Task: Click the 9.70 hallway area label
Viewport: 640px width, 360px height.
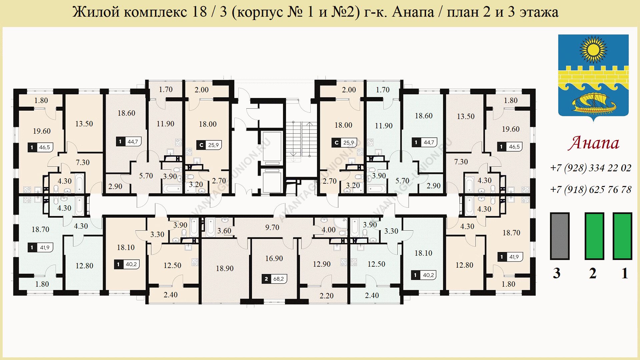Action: click(x=272, y=227)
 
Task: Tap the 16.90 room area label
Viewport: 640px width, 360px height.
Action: click(x=274, y=258)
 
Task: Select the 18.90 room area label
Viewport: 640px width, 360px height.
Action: click(x=225, y=268)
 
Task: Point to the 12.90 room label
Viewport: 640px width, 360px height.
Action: click(x=322, y=264)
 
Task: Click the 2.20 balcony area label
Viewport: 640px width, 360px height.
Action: click(x=326, y=296)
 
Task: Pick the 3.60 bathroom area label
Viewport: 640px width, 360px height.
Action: click(x=224, y=231)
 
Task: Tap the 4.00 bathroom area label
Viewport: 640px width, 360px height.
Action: click(x=329, y=230)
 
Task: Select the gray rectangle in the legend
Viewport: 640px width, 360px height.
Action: click(x=560, y=236)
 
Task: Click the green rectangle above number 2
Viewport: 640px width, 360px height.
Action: click(x=594, y=236)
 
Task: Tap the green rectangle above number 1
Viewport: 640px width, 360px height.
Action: click(x=622, y=236)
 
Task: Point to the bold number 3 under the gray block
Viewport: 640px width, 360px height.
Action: click(x=557, y=273)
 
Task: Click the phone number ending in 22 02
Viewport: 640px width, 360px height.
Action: click(x=591, y=168)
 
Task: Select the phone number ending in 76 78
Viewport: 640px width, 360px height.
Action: click(x=591, y=189)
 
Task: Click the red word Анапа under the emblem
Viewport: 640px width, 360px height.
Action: click(x=594, y=143)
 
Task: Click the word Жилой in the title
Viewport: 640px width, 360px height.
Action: click(x=96, y=12)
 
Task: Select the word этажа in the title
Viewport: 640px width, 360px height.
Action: click(x=539, y=12)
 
